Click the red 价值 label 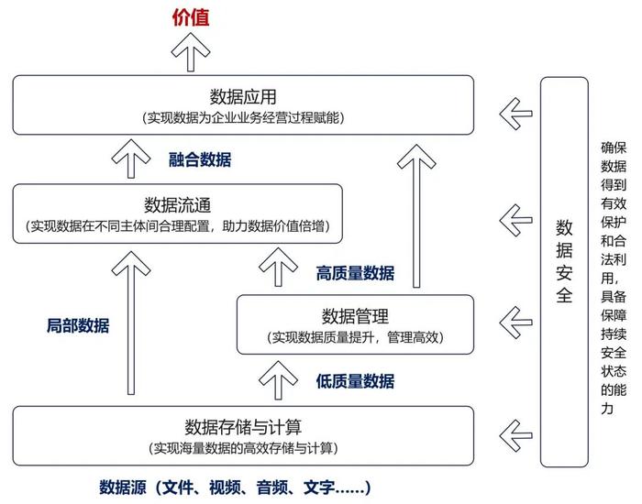coord(191,17)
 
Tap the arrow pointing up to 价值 coord(191,52)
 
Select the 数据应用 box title coord(243,97)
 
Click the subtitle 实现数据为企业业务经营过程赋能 coord(243,118)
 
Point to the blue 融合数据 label coord(200,159)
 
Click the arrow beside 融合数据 coord(131,159)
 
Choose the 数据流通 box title coord(177,205)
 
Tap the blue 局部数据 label coord(78,325)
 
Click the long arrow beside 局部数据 coord(131,323)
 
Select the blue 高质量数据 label coord(355,273)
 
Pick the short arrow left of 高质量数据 coord(278,267)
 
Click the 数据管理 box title coord(355,316)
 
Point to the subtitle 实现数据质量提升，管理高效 coord(355,337)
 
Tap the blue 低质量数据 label coord(355,381)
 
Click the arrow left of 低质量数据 coord(278,380)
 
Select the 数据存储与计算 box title coord(243,427)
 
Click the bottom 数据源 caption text coord(235,488)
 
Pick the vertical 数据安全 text coord(564,261)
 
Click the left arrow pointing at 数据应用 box coord(515,114)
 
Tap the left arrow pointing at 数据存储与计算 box coord(515,435)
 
